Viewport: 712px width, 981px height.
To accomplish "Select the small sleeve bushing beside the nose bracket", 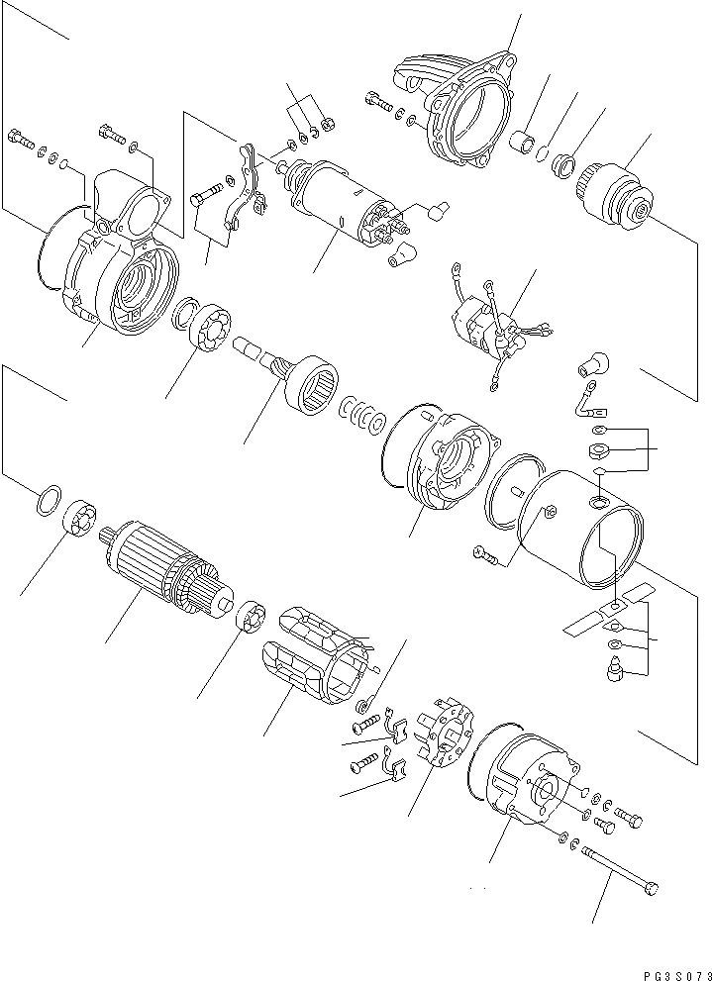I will click(523, 140).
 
